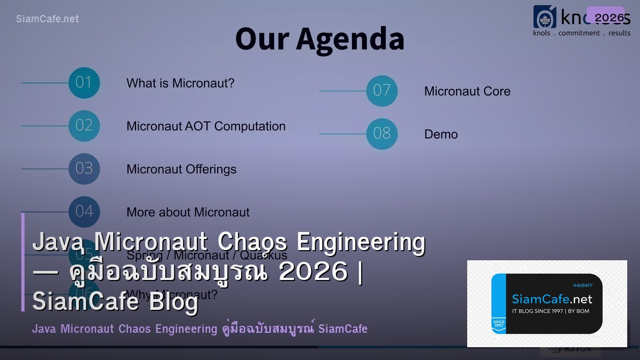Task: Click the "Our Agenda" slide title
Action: tap(319, 39)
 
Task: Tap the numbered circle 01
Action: tap(84, 83)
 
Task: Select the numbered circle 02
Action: tap(84, 126)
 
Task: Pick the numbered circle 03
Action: tap(84, 169)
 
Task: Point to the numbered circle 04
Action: tap(84, 212)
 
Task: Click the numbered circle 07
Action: tap(382, 91)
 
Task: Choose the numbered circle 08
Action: tap(382, 134)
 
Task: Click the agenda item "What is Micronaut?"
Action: tap(180, 83)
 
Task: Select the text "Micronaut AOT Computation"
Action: tap(206, 126)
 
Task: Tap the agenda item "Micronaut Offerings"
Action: tap(181, 170)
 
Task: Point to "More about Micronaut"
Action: tap(188, 212)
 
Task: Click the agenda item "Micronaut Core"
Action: tap(467, 91)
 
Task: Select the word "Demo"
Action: tap(441, 134)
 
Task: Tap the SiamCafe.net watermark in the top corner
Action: tap(47, 19)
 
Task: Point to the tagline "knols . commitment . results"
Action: tap(582, 33)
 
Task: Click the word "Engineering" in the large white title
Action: tap(361, 242)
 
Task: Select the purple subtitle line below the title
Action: tap(199, 329)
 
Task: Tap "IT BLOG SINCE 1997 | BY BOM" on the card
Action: tap(550, 311)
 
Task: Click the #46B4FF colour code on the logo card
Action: tap(582, 285)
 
